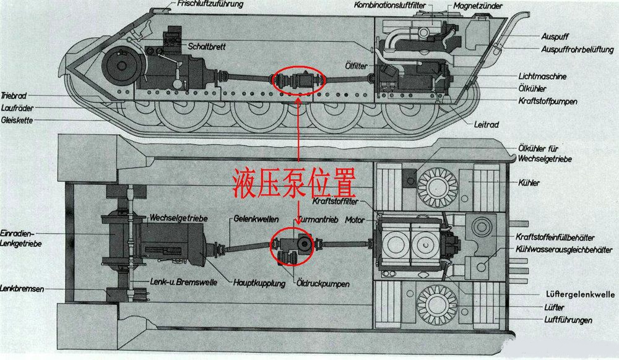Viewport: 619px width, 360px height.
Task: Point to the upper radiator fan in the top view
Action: coord(438,182)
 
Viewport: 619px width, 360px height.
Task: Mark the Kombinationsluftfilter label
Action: coord(391,6)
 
